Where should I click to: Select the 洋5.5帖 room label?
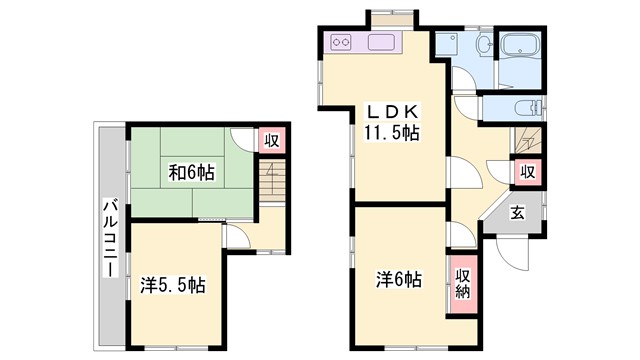pyautogui.click(x=173, y=286)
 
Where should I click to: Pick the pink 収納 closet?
pyautogui.click(x=463, y=282)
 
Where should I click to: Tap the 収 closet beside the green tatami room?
pyautogui.click(x=271, y=141)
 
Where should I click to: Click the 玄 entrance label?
pyautogui.click(x=517, y=211)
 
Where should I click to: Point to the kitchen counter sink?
pyautogui.click(x=383, y=43)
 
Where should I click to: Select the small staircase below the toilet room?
pyautogui.click(x=527, y=140)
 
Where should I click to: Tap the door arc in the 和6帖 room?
pyautogui.click(x=240, y=139)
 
